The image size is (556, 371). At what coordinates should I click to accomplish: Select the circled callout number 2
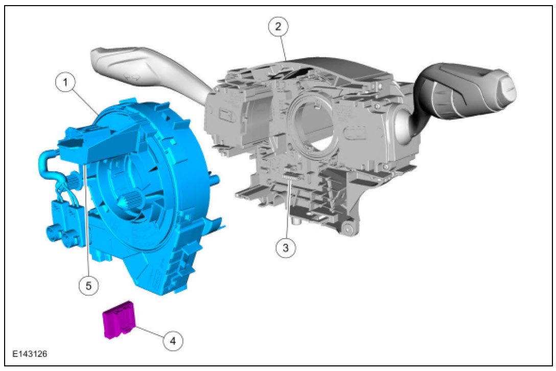(278, 26)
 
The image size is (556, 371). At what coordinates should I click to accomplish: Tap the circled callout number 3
(286, 248)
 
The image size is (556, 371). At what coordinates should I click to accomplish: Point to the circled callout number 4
(173, 341)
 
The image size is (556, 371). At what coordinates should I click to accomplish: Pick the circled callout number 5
(88, 285)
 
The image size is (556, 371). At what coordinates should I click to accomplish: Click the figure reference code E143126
(30, 354)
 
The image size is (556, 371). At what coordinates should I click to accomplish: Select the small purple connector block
(119, 320)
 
